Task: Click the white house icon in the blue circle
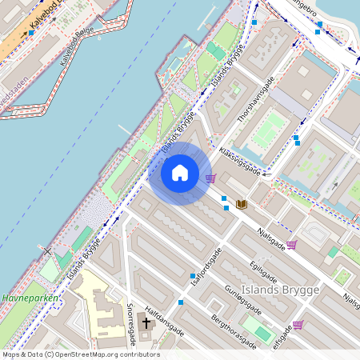[x=180, y=173]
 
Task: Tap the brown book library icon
[x=242, y=205]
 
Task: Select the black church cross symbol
[x=146, y=323]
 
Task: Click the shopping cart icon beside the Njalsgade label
[x=292, y=244]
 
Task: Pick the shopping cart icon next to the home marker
[x=210, y=178]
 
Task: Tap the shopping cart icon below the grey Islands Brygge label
[x=298, y=324]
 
